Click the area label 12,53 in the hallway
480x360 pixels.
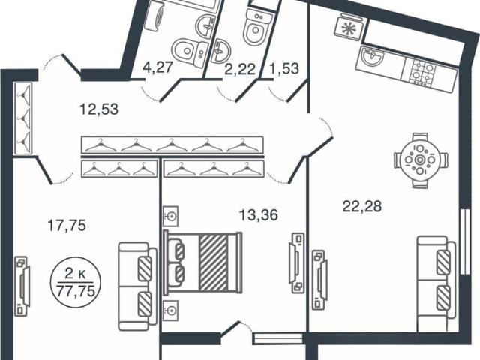click(99, 109)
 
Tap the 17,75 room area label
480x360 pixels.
click(67, 226)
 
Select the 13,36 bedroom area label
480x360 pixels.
click(258, 215)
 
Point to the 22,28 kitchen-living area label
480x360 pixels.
click(362, 206)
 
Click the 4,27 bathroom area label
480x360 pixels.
click(158, 67)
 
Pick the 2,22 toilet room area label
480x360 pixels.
click(240, 70)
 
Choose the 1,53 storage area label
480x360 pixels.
click(284, 68)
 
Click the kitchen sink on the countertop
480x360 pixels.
click(372, 57)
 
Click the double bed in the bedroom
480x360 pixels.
click(202, 262)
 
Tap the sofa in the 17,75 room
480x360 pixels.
click(137, 286)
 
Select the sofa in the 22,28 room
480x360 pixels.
click(436, 283)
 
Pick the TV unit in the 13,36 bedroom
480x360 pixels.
click(296, 263)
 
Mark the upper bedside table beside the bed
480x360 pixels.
click(170, 217)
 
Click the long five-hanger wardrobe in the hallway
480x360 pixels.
click(172, 144)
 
